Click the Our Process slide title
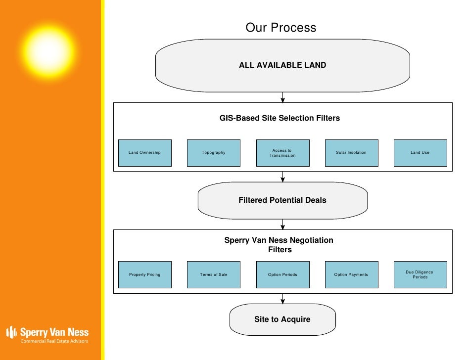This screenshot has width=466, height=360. pyautogui.click(x=280, y=28)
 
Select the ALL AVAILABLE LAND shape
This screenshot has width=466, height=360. pyautogui.click(x=282, y=65)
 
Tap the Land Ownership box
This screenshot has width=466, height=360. pyautogui.click(x=145, y=153)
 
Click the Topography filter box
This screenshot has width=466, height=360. pyautogui.click(x=214, y=153)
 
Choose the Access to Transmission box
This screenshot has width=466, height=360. pyautogui.click(x=282, y=153)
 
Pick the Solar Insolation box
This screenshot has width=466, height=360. pyautogui.click(x=351, y=153)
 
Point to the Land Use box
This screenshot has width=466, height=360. pyautogui.click(x=420, y=153)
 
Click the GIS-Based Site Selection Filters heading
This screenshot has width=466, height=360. pyautogui.click(x=280, y=118)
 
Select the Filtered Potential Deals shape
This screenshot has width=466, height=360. pyautogui.click(x=282, y=200)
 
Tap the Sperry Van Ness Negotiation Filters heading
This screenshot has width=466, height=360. pyautogui.click(x=279, y=245)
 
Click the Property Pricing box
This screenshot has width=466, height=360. pyautogui.click(x=145, y=275)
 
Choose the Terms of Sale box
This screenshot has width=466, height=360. pyautogui.click(x=214, y=275)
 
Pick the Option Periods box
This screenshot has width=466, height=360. pyautogui.click(x=282, y=275)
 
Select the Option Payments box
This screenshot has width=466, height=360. pyautogui.click(x=351, y=275)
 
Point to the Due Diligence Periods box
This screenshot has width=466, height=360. pyautogui.click(x=420, y=275)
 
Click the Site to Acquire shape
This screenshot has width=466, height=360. pyautogui.click(x=282, y=319)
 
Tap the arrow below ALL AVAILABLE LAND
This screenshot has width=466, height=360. pyautogui.click(x=283, y=97)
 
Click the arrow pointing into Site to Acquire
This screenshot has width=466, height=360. pyautogui.click(x=283, y=299)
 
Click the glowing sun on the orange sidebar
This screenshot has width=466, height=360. pyautogui.click(x=48, y=50)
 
